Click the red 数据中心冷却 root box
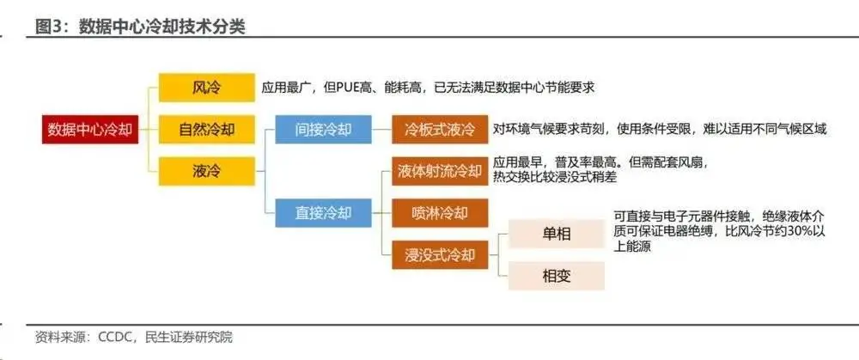point(90,130)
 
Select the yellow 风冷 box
point(206,87)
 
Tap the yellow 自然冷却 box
point(206,130)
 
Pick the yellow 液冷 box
point(206,171)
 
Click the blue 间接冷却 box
point(323,130)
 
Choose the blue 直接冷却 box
point(323,212)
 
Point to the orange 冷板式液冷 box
point(440,130)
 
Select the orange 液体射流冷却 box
point(440,171)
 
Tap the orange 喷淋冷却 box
point(440,212)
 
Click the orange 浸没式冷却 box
point(440,255)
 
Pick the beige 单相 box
point(557,234)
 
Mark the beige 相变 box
point(557,276)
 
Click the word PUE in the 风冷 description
point(347,88)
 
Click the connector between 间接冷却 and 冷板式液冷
point(382,130)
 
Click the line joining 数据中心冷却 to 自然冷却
point(149,130)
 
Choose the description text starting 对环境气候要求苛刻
point(660,130)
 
